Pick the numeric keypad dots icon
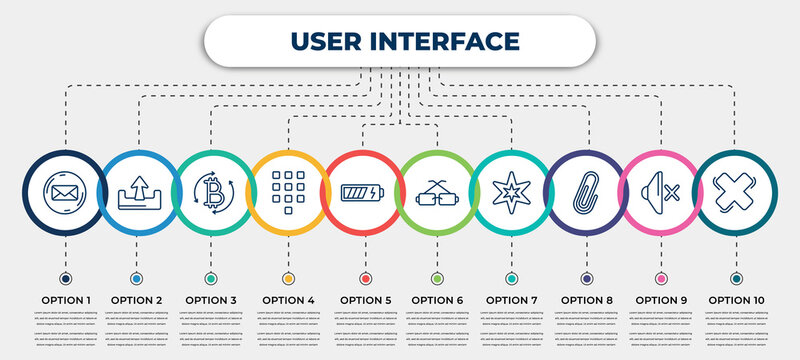(x=288, y=188)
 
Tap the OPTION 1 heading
(x=65, y=299)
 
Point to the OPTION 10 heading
(x=737, y=299)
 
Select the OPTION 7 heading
(x=511, y=299)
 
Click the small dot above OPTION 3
(x=211, y=278)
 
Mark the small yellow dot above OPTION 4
(x=288, y=278)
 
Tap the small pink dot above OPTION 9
(x=660, y=278)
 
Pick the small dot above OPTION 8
(x=586, y=278)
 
